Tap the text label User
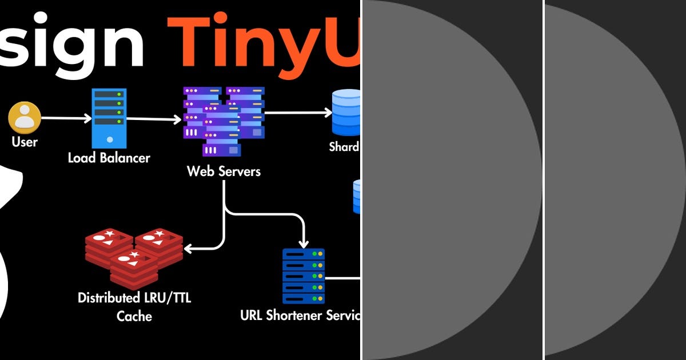click(24, 142)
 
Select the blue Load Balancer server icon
click(109, 118)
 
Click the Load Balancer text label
click(109, 158)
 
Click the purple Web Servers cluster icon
click(223, 120)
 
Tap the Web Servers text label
click(224, 171)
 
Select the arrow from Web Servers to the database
click(297, 113)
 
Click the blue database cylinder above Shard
click(346, 112)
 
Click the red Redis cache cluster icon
click(134, 258)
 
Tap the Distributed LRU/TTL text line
click(134, 298)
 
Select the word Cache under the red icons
click(134, 316)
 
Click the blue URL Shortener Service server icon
click(304, 276)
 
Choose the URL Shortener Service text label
click(300, 315)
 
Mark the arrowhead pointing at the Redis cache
click(189, 248)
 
